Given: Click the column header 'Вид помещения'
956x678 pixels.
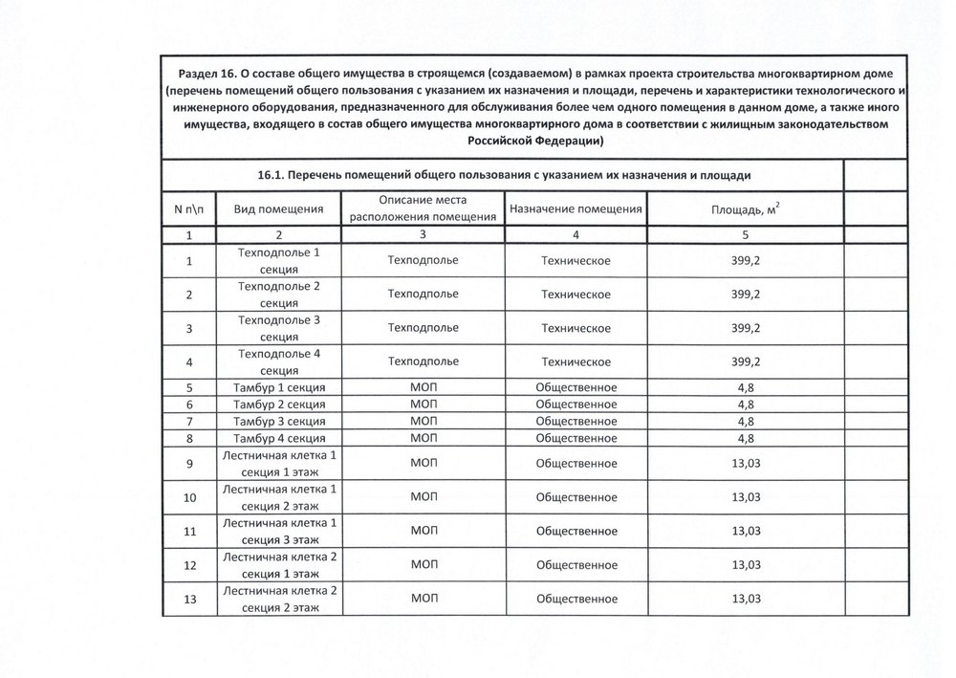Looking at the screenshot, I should [277, 209].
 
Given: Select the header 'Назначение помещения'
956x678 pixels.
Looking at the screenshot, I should [576, 209].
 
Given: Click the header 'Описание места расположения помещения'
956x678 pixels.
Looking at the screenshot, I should [423, 208].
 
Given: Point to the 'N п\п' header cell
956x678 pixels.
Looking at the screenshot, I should [189, 209].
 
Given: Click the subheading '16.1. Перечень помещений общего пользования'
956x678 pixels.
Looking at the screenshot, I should [504, 176].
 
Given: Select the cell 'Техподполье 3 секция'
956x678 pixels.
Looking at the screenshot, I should [277, 328].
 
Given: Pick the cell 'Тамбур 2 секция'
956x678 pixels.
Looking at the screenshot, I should [277, 405].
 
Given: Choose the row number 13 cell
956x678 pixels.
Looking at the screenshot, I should [189, 600].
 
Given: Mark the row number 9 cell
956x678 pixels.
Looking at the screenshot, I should [189, 464].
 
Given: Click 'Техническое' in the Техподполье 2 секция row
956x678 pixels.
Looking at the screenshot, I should [576, 294].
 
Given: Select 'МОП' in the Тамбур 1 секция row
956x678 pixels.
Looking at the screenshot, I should [423, 387].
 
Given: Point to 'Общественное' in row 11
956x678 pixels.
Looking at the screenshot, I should [576, 532].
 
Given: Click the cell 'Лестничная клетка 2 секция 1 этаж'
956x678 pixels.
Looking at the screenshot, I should [277, 565].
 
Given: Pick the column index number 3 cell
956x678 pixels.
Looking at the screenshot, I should [423, 234].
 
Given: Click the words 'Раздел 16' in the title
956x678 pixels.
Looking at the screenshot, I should [206, 74].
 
